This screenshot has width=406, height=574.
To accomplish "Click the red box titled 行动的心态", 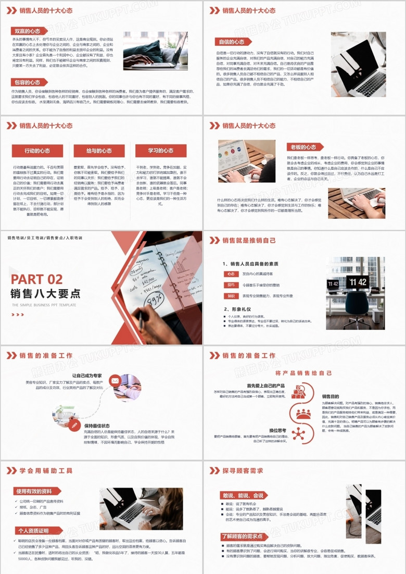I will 37,151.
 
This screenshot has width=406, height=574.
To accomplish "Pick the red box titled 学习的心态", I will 161,151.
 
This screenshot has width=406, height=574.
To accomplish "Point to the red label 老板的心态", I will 303,147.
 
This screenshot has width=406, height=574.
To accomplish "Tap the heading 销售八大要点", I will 46,293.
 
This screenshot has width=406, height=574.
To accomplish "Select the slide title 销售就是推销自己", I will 249,241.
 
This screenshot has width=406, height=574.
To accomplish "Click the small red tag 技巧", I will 231,285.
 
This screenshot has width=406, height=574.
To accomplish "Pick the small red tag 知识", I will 231,296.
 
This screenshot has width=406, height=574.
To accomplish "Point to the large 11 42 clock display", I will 358,282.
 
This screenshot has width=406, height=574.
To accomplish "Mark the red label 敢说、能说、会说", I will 243,495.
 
